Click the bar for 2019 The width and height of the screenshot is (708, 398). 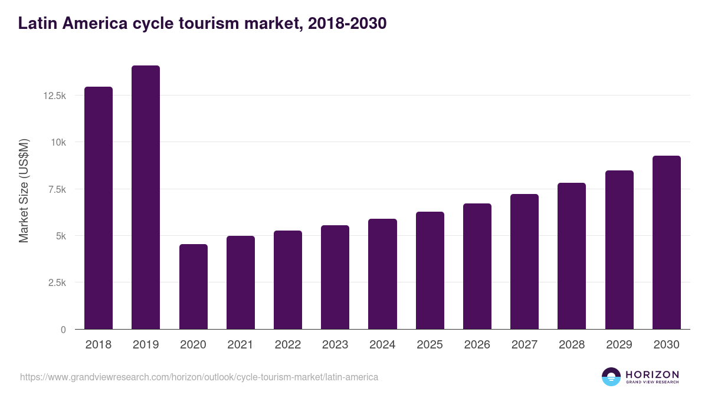[x=146, y=198]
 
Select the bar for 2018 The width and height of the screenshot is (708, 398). [x=99, y=208]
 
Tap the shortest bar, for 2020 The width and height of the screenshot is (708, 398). [x=193, y=287]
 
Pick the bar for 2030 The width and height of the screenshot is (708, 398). [x=666, y=242]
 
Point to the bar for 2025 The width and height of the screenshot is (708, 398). [x=430, y=270]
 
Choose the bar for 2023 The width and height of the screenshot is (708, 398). [x=335, y=277]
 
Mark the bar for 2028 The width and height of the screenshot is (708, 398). [x=572, y=256]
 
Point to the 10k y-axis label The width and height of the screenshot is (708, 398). [x=58, y=142]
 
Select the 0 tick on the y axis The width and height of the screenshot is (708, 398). [x=63, y=330]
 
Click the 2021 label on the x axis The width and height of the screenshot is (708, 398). [x=240, y=345]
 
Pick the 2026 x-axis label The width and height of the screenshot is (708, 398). [x=477, y=345]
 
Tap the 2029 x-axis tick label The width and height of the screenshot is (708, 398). [x=619, y=345]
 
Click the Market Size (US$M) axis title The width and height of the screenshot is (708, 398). [x=24, y=190]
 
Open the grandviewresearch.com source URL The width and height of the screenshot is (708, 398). [x=199, y=377]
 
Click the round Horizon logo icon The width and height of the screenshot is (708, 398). [x=611, y=377]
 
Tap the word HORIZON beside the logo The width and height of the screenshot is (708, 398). [x=652, y=374]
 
